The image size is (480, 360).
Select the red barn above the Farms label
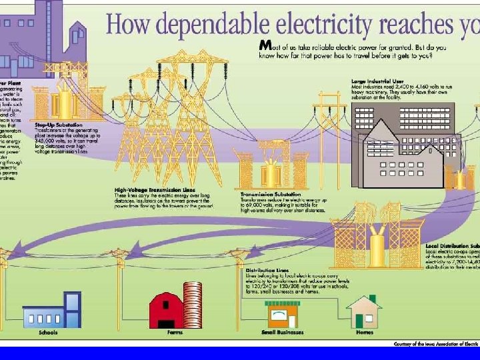pos(167,310)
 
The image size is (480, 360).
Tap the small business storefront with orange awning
pos(281,312)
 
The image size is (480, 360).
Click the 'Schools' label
pos(48,333)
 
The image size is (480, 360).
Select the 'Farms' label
pos(175,333)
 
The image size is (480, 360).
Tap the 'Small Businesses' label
pos(280,333)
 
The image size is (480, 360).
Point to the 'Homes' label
pos(365,333)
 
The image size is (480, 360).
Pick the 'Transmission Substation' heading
pos(263,195)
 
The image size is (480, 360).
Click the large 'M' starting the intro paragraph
pos(265,45)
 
